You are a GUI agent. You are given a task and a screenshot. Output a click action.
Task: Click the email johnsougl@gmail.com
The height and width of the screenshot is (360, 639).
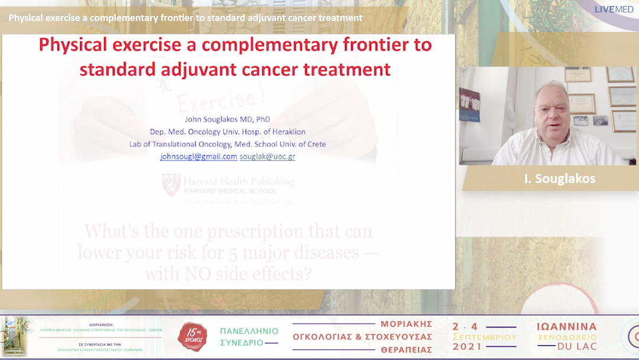point(199,157)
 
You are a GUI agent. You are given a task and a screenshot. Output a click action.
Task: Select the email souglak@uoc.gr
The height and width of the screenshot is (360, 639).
point(267,157)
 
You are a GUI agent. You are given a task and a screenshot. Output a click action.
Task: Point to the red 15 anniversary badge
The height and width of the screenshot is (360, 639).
point(192,336)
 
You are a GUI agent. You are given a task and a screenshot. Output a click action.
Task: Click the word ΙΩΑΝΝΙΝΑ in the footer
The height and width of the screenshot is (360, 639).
point(567,327)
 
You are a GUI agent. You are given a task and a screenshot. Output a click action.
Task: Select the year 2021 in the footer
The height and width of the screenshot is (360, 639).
point(467,347)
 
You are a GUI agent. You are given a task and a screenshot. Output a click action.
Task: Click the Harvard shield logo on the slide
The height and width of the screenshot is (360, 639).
point(172,184)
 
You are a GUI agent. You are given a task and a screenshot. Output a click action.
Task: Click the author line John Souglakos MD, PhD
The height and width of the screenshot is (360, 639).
point(228,119)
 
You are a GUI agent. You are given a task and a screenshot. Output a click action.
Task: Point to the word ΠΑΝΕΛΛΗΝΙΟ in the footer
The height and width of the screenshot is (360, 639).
point(248,331)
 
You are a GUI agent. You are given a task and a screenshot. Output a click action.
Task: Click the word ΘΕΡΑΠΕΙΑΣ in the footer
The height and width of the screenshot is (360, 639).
point(406,350)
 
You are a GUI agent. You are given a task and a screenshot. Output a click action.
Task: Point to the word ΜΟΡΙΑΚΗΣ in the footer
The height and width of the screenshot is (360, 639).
point(406,324)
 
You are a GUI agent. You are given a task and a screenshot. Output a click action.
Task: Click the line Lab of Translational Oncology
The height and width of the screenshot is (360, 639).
point(228,144)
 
